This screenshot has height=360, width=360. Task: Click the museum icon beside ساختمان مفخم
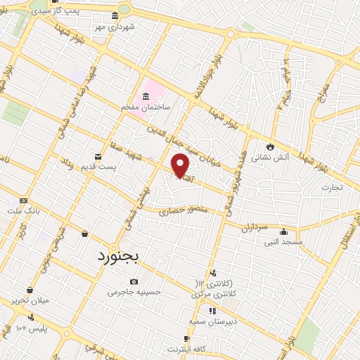pyautogui.click(x=146, y=96)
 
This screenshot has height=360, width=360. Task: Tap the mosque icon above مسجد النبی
pyautogui.click(x=284, y=231)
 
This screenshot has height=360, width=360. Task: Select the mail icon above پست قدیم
pyautogui.click(x=97, y=155)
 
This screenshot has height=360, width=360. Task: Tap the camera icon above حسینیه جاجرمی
pyautogui.click(x=134, y=282)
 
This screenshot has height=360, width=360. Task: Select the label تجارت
pyautogui.click(x=330, y=187)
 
